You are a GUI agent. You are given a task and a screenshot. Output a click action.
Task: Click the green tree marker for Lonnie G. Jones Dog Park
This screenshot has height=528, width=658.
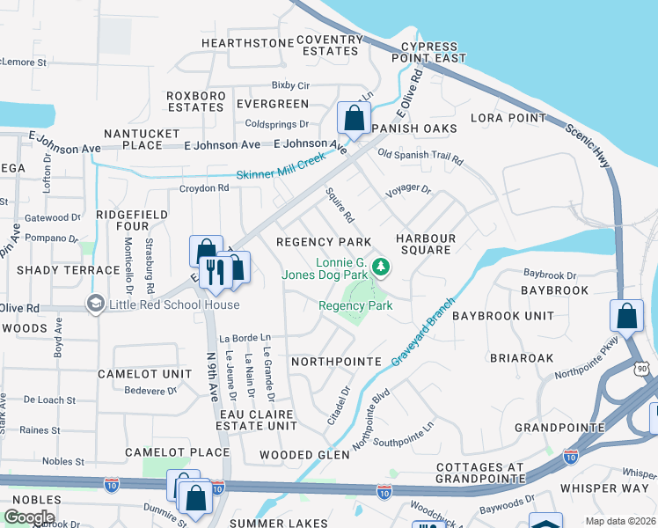380,265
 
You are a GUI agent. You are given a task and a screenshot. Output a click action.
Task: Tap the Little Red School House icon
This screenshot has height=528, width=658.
94,304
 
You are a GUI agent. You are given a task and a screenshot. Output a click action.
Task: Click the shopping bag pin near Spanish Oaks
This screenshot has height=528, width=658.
353,118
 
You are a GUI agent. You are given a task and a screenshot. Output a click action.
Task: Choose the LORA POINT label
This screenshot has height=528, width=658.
508,117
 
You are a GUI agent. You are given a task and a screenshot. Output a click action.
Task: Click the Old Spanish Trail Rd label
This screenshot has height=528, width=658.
420,158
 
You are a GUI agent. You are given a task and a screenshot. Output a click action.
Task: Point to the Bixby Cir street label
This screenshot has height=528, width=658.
290,85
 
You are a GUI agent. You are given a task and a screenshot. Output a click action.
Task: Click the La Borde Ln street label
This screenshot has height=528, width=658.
245,337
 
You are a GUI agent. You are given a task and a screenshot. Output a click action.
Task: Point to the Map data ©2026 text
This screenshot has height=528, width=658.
620,521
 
